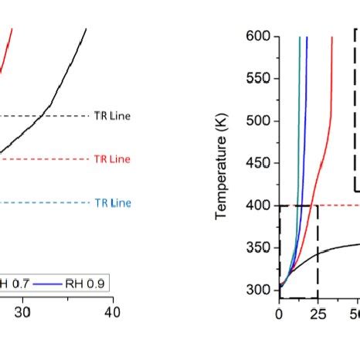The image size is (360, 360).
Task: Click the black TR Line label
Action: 112,116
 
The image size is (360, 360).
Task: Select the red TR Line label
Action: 112,159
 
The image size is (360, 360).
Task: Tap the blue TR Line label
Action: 112,203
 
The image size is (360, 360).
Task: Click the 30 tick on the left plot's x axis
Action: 23,312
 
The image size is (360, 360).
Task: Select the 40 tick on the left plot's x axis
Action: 113,312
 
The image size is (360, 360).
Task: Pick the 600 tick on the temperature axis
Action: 257,36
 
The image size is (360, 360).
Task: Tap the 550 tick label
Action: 257,79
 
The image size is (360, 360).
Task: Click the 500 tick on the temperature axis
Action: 257,121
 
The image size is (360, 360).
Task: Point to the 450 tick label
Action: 257,164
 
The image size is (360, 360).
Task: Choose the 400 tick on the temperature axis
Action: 257,205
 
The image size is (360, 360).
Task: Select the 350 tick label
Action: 257,248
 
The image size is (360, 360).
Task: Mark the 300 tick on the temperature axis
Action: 257,290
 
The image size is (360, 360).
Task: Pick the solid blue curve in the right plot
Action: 305,116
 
